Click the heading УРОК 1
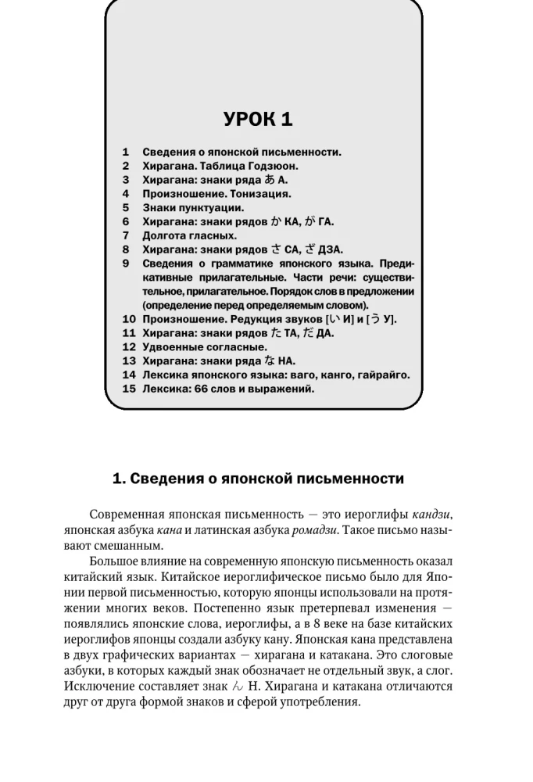tap(258, 119)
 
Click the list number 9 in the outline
tap(126, 264)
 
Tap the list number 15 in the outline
tap(129, 389)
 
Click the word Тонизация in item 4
tap(259, 193)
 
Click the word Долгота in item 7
tap(166, 235)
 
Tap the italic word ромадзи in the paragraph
tap(313, 529)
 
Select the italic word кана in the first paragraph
tap(170, 529)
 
